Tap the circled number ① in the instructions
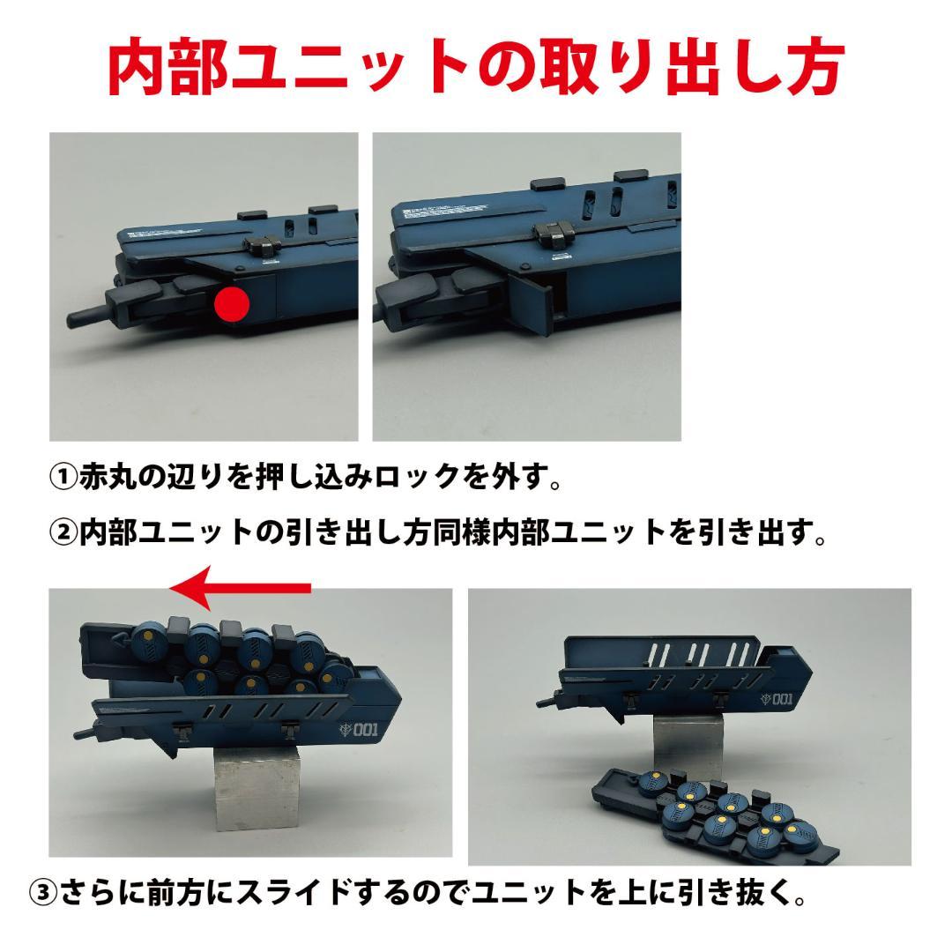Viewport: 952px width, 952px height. (x=63, y=478)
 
